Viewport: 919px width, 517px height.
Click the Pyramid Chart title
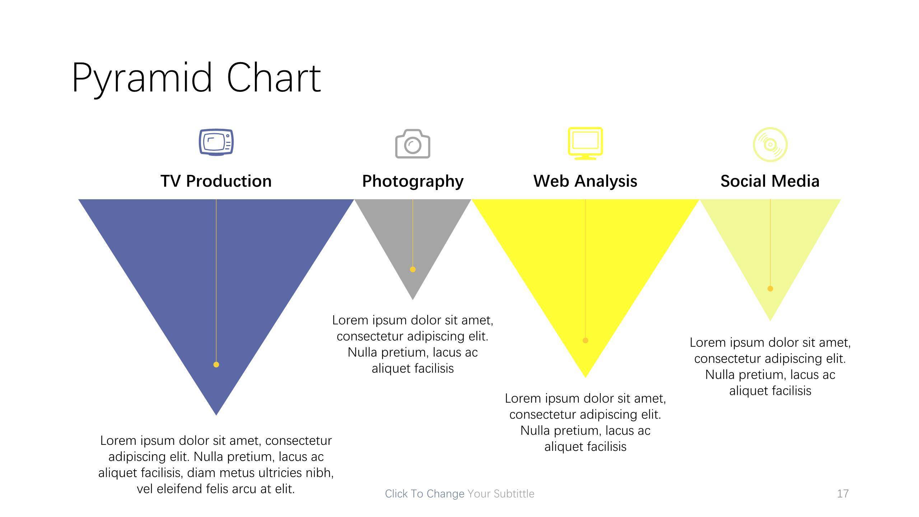tap(196, 78)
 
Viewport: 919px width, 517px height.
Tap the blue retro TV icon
tap(216, 142)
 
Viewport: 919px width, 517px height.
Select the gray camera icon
tap(413, 144)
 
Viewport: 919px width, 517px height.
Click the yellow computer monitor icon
tap(586, 143)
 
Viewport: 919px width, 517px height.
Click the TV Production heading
tap(216, 181)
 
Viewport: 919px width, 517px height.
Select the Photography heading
tap(413, 181)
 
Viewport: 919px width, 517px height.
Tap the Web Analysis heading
tap(586, 181)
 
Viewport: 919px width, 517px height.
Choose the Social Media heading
tap(770, 181)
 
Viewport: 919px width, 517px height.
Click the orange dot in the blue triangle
tap(216, 365)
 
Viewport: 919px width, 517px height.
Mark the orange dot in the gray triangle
tap(413, 269)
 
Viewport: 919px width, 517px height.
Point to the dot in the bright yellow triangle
tap(586, 340)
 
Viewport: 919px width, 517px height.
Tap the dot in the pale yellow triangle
tap(770, 289)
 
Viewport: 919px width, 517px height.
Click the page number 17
tap(843, 494)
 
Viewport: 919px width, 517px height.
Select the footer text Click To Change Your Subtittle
tap(459, 494)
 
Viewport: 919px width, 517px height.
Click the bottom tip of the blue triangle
tap(216, 415)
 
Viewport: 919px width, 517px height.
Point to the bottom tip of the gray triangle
tap(413, 300)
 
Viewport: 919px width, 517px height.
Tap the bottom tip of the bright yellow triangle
tap(586, 378)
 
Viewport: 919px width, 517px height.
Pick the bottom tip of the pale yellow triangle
tap(770, 321)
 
